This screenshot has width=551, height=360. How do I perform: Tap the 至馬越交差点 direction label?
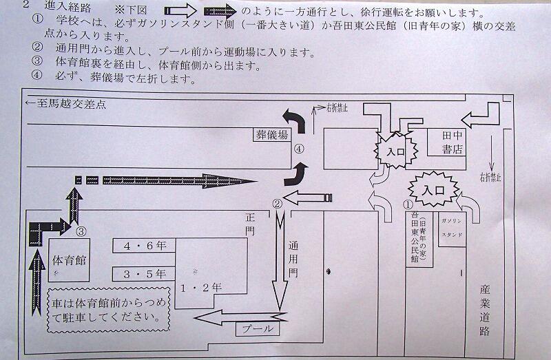[63, 105]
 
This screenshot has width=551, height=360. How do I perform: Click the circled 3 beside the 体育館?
[81, 231]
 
